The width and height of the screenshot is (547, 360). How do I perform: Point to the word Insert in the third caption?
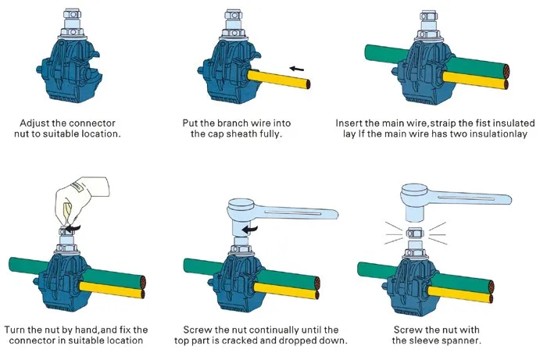click(x=351, y=123)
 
